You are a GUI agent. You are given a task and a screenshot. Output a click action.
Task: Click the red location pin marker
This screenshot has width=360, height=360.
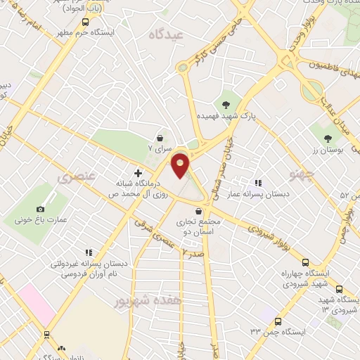(181, 166)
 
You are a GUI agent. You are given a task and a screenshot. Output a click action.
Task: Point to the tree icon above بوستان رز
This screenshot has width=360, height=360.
(329, 139)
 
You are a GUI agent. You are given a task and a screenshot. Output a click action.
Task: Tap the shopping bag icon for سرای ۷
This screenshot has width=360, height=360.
(162, 138)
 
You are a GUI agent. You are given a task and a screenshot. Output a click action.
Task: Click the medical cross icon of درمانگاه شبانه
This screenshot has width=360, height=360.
(138, 172)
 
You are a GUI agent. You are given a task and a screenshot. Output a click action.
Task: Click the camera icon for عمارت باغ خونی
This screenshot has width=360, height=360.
(40, 209)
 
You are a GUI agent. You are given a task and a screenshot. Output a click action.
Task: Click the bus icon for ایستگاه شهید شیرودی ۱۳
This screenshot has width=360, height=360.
(340, 290)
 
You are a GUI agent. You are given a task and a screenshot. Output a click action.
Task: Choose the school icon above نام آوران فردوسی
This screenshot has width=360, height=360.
(89, 252)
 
